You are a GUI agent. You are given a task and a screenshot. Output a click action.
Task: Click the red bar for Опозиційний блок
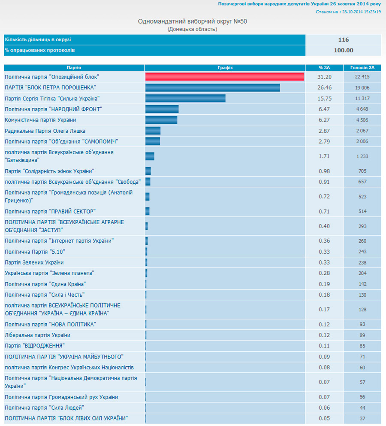coord(225,77)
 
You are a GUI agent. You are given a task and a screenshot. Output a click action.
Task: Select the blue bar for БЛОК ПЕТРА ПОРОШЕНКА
coord(212,88)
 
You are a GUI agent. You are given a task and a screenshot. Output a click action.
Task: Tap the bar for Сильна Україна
coord(185,98)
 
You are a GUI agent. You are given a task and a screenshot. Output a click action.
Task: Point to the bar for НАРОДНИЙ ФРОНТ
coord(162,109)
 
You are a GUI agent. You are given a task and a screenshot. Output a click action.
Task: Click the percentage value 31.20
coord(324,77)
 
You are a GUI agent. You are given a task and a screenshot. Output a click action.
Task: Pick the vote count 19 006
coord(362,88)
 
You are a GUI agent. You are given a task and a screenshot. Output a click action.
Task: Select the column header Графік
coord(225,67)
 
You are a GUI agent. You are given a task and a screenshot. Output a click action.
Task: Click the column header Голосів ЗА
coord(362,67)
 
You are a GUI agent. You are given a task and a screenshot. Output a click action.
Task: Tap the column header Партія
coord(74,67)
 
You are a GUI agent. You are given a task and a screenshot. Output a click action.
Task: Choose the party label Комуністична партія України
coord(40,120)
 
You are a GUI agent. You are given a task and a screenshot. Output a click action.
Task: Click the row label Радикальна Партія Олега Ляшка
coord(45,131)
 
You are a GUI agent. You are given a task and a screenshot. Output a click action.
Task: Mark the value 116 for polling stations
coord(343,40)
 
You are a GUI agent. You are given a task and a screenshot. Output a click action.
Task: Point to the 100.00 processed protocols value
coord(343,50)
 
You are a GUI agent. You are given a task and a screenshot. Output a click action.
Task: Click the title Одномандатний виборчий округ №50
coord(193,21)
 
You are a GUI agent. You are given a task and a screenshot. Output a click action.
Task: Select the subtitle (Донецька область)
coord(193,29)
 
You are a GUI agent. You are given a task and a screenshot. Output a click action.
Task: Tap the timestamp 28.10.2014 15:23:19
coord(360,12)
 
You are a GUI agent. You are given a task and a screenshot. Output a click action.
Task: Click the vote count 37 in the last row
coord(362,419)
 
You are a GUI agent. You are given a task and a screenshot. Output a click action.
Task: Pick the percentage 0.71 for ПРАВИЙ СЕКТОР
coord(324,211)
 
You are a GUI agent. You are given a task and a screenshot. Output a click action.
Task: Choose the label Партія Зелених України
coord(34,262)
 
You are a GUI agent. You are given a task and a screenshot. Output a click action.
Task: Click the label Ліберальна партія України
coord(37,335)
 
